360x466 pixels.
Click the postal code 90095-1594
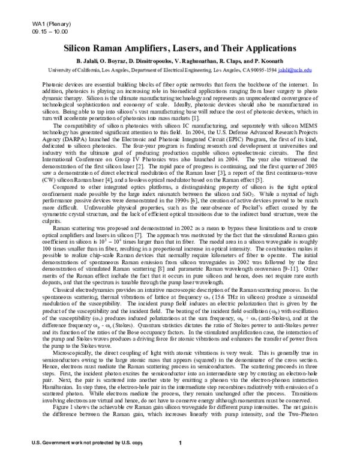pyautogui.click(x=262, y=70)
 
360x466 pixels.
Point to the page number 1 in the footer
pyautogui.click(x=180, y=459)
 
